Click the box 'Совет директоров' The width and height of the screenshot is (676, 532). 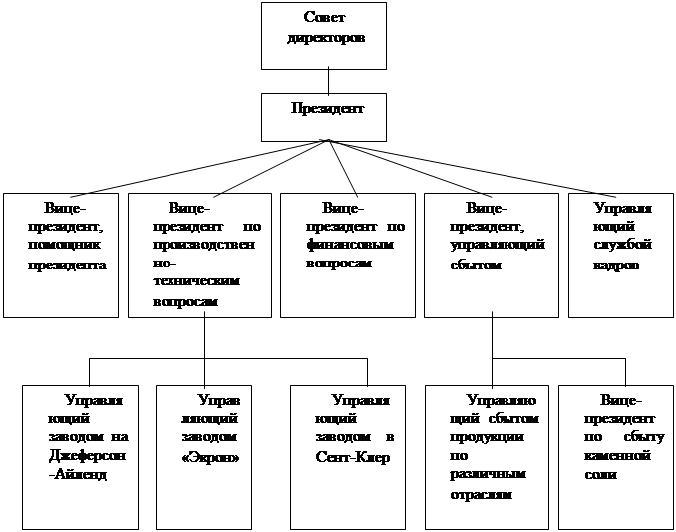pos(326,35)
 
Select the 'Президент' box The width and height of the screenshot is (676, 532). pos(326,116)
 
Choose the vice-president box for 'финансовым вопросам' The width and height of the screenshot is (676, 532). pos(348,255)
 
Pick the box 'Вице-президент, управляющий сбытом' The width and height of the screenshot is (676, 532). pos(492,255)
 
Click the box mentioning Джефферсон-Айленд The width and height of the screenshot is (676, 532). pos(80,454)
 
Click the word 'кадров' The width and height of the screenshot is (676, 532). pos(619,266)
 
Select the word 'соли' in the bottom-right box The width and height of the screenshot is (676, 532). pos(602,474)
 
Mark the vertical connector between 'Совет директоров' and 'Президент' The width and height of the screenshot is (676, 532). pos(326,81)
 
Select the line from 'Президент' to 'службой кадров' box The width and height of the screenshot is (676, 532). pos(479,167)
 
